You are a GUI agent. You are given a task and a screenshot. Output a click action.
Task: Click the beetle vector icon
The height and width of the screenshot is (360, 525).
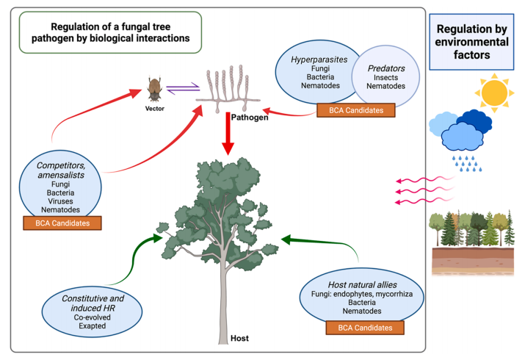[155, 90]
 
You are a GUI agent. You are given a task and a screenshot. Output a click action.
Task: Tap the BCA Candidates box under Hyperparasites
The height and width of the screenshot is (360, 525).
[355, 110]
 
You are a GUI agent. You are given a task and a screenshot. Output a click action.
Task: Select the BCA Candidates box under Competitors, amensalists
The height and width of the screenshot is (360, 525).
[62, 221]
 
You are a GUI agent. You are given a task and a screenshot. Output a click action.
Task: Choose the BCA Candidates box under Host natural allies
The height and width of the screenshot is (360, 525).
[366, 328]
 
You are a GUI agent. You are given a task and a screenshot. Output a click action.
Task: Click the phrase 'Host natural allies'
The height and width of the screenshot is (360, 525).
[366, 283]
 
